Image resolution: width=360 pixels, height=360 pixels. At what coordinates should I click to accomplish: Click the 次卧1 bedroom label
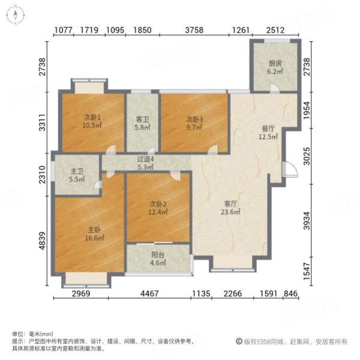(x=92, y=118)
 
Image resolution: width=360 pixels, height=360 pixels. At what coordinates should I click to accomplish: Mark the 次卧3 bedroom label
(x=193, y=118)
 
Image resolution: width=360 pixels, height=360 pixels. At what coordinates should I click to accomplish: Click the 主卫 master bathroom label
(x=75, y=170)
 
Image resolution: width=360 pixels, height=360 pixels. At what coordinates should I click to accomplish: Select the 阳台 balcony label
(x=158, y=253)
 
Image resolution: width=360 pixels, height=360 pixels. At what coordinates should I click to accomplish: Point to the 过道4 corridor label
(x=146, y=159)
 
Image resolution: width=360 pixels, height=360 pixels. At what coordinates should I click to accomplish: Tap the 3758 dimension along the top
(x=196, y=30)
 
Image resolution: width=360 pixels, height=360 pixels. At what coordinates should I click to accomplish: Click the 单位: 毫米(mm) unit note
(x=34, y=334)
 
